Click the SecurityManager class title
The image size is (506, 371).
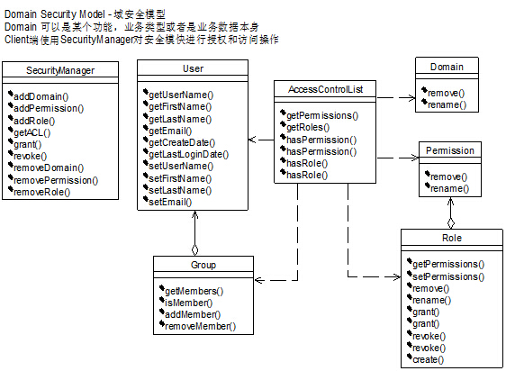[60, 70]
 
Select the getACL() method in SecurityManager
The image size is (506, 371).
[32, 132]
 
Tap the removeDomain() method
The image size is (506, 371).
[49, 167]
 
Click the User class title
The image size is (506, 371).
[193, 68]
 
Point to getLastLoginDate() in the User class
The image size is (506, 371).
[188, 154]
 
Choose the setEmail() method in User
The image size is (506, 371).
[170, 202]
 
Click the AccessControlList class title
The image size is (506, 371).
[325, 89]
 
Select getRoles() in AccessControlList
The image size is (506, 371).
[308, 128]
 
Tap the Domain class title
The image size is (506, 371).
[447, 67]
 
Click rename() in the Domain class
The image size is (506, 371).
[447, 105]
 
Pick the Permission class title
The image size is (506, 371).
[450, 150]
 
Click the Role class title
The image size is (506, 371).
[452, 238]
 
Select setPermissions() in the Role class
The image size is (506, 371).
[448, 276]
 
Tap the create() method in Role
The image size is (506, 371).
[428, 359]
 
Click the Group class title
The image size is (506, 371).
[203, 265]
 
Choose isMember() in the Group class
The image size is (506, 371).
[188, 303]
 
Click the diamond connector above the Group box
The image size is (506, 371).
[194, 249]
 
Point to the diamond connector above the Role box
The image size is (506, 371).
[451, 222]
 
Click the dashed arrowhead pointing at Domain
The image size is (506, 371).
[412, 97]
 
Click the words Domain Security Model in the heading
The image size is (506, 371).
[55, 14]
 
